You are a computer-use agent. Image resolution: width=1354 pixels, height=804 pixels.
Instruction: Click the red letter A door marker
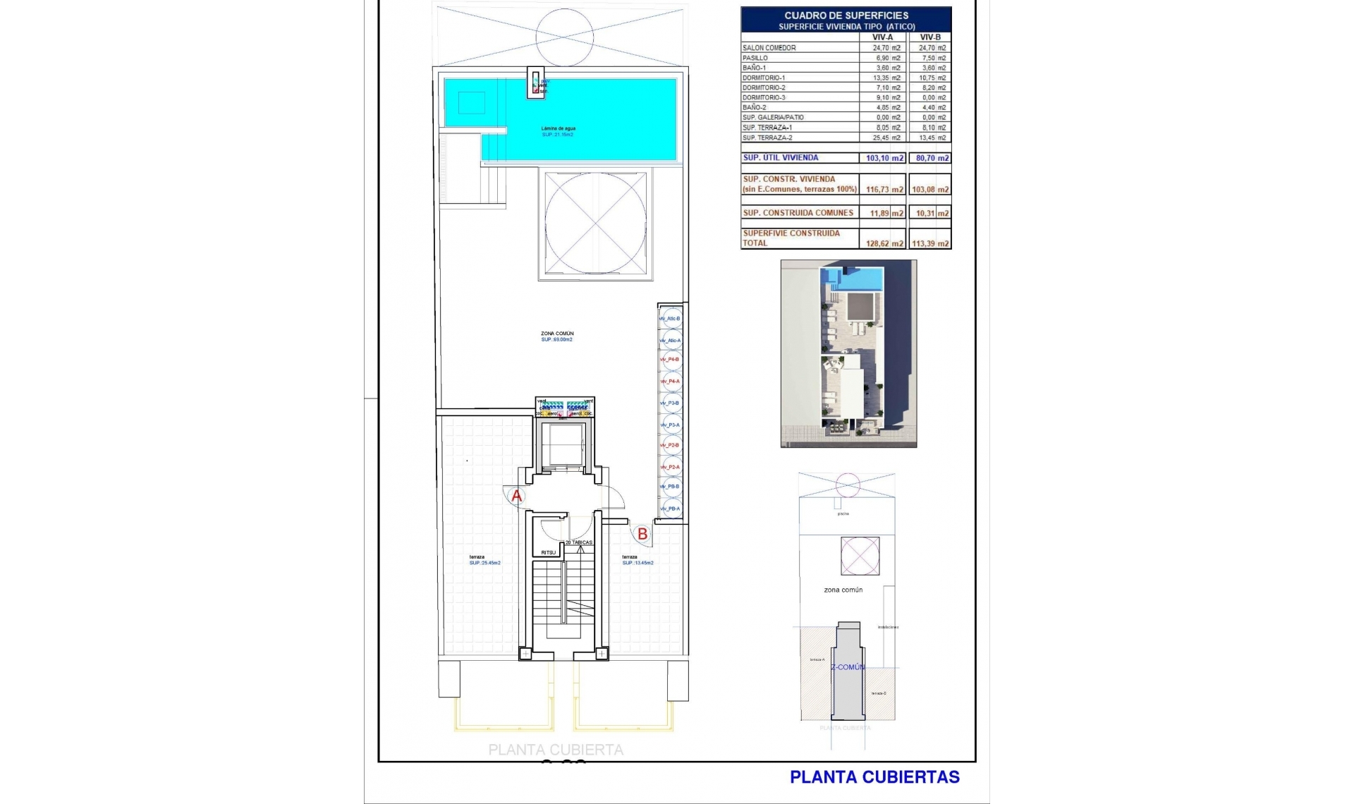(517, 496)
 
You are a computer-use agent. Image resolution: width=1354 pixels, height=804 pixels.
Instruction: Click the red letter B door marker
(642, 535)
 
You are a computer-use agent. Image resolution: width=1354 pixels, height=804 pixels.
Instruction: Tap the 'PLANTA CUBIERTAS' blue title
(874, 777)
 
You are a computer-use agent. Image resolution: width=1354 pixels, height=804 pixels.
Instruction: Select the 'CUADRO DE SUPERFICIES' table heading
(846, 16)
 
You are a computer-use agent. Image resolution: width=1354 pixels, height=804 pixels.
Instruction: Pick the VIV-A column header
(882, 37)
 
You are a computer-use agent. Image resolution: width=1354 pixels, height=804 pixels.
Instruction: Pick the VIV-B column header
(930, 37)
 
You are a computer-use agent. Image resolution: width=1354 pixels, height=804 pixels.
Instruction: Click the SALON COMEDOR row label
(769, 48)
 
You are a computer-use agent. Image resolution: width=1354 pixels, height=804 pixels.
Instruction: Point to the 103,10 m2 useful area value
(884, 158)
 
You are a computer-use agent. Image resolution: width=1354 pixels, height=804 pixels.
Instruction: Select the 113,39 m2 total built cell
(930, 243)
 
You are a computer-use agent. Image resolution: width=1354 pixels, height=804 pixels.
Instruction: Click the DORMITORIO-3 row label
(764, 97)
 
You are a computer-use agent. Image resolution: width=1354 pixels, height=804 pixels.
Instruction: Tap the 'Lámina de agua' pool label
(558, 128)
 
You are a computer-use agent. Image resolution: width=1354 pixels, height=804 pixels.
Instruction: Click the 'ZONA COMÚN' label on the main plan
(557, 334)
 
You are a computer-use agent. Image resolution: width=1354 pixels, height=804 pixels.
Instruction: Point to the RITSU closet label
(548, 552)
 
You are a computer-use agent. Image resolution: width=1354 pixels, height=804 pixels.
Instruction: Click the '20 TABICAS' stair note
(578, 542)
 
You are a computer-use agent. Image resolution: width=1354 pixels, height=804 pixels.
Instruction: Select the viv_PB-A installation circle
(672, 508)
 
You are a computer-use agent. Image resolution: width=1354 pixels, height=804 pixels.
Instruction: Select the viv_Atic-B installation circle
(672, 319)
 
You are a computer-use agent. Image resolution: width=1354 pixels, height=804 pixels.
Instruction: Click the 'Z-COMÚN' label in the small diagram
(848, 667)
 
